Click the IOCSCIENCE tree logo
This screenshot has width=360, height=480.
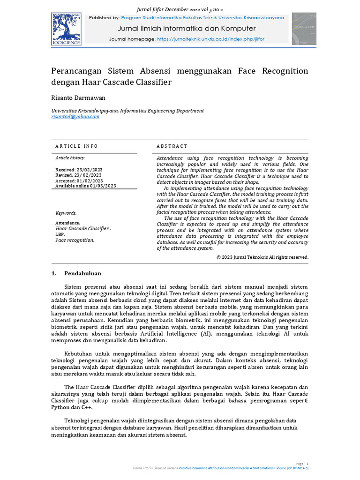tap(66, 29)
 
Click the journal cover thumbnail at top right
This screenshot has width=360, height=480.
tap(304, 29)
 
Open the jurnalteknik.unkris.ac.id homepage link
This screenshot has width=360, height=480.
tap(210, 39)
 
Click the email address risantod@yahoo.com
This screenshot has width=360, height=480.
tap(75, 117)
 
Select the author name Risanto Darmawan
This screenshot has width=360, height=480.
tap(78, 98)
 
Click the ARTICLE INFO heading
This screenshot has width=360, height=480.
tap(76, 146)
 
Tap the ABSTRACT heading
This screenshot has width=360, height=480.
tap(172, 146)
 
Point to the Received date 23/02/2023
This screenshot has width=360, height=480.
tap(79, 170)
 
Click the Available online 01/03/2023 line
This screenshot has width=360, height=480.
tap(85, 186)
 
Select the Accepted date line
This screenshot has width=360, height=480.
tap(79, 180)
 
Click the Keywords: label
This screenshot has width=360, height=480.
tap(66, 213)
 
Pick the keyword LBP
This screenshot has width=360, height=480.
tap(60, 234)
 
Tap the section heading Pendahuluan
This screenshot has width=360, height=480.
tap(82, 273)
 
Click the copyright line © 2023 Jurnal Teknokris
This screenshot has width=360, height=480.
tap(262, 257)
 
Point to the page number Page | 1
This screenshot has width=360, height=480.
tap(302, 463)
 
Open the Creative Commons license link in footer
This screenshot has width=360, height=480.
tap(243, 468)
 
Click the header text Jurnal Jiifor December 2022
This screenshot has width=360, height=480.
tap(180, 9)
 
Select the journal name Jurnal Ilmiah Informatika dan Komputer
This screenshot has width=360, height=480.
tap(187, 29)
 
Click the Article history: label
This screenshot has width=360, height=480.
tap(70, 158)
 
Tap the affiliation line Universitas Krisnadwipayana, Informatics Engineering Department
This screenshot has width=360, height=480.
tap(127, 111)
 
